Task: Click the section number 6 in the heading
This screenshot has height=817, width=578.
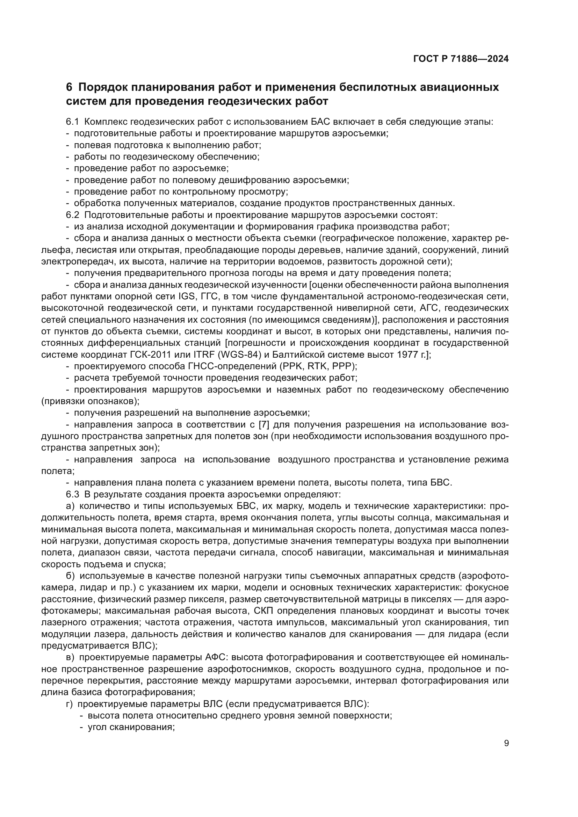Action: (69, 87)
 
